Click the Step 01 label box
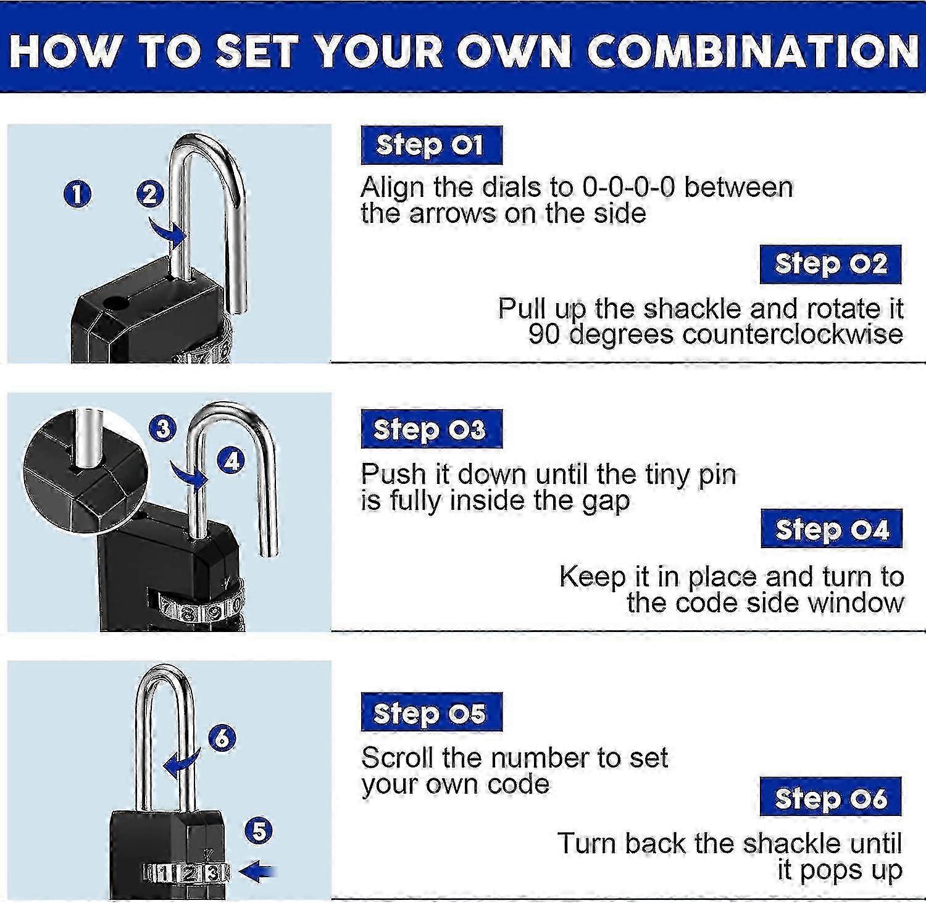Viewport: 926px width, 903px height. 431,146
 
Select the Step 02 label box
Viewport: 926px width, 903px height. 830,264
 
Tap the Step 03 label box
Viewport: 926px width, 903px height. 431,429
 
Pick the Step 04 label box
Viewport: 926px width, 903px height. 831,529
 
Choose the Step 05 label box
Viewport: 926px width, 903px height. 431,712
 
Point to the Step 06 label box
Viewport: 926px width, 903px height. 830,797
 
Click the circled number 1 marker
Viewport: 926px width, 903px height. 77,194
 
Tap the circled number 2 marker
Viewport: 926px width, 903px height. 149,194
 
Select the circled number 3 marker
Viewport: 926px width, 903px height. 163,428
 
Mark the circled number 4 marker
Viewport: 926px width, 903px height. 231,460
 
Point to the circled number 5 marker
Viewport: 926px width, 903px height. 259,830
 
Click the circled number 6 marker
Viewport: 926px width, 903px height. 222,738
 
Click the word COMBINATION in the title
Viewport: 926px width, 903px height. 753,51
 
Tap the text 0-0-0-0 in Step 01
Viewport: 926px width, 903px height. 628,187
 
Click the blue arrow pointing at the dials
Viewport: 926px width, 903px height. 257,872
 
